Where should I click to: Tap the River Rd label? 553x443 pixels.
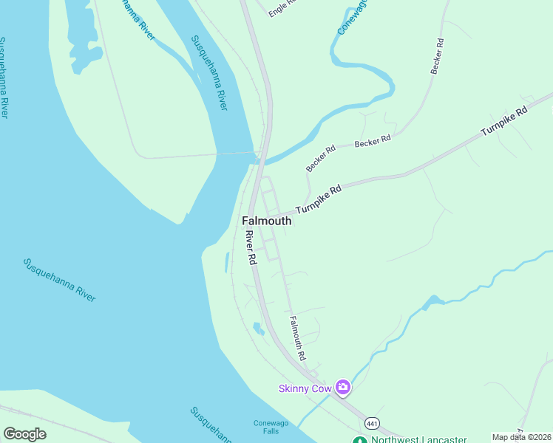251,248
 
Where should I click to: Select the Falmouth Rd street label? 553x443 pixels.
298,338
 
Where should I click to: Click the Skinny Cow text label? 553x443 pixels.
305,388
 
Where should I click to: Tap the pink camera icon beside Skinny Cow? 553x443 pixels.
342,387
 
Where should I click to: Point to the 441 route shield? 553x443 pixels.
371,422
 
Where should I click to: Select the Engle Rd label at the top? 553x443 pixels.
282,7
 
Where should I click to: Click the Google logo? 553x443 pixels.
24,434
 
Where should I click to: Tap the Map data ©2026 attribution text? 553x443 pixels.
522,437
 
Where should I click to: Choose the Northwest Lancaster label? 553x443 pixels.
418,439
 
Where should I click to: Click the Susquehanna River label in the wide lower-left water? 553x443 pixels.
59,279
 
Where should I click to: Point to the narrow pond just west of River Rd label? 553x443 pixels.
225,261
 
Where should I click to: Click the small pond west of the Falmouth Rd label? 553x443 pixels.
258,329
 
